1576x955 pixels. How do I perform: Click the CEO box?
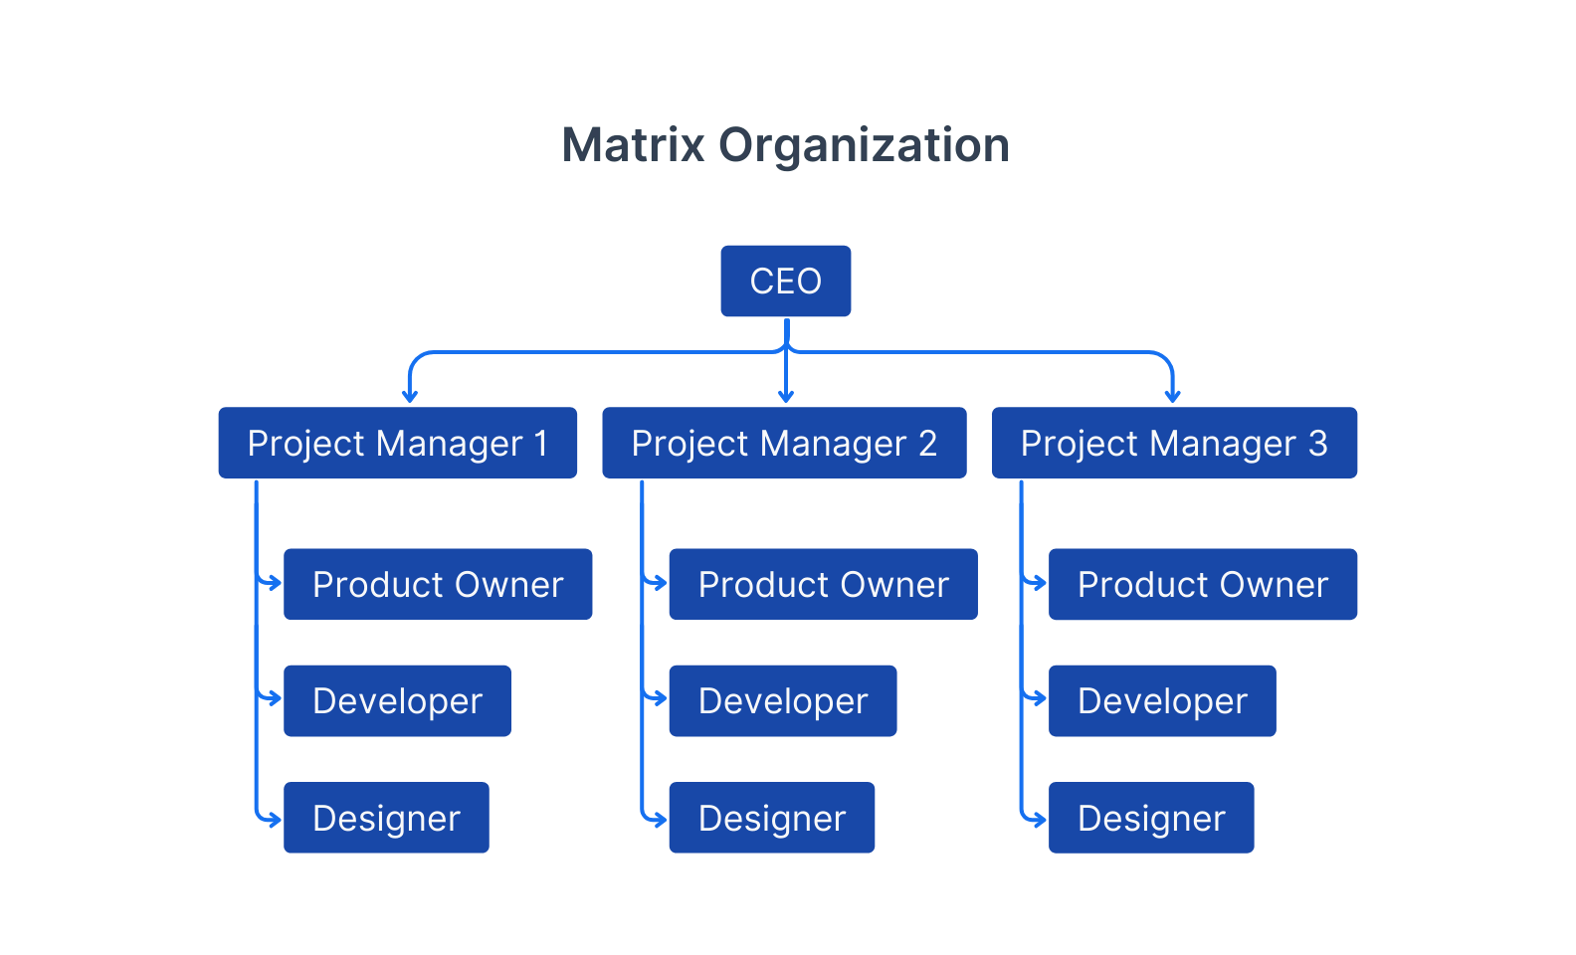pyautogui.click(x=785, y=282)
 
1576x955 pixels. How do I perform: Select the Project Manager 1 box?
pyautogui.click(x=397, y=443)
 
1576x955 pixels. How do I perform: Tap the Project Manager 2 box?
pyautogui.click(x=784, y=443)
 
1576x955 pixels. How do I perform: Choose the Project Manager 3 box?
pyautogui.click(x=1174, y=443)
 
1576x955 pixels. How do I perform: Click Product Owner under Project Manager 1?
pyautogui.click(x=438, y=584)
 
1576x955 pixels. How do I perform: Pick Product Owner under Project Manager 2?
pyautogui.click(x=823, y=584)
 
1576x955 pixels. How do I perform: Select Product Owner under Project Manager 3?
pyautogui.click(x=1203, y=584)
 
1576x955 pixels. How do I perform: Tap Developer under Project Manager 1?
pyautogui.click(x=397, y=701)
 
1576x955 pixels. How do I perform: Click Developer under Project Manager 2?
pyautogui.click(x=782, y=701)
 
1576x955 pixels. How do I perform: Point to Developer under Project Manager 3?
pyautogui.click(x=1162, y=701)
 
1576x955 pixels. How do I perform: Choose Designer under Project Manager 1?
pyautogui.click(x=386, y=818)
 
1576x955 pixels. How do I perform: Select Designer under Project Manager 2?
pyautogui.click(x=771, y=818)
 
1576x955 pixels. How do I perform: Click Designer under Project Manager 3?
pyautogui.click(x=1151, y=818)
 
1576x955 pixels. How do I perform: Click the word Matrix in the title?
pyautogui.click(x=634, y=145)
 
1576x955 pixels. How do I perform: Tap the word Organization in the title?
pyautogui.click(x=864, y=145)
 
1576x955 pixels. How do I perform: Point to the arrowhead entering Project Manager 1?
pyautogui.click(x=409, y=397)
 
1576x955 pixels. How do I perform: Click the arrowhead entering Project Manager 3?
pyautogui.click(x=1173, y=397)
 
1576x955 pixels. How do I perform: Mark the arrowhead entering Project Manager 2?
pyautogui.click(x=786, y=397)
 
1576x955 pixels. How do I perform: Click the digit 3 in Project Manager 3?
pyautogui.click(x=1318, y=443)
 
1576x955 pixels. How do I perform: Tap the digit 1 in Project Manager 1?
pyautogui.click(x=541, y=443)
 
